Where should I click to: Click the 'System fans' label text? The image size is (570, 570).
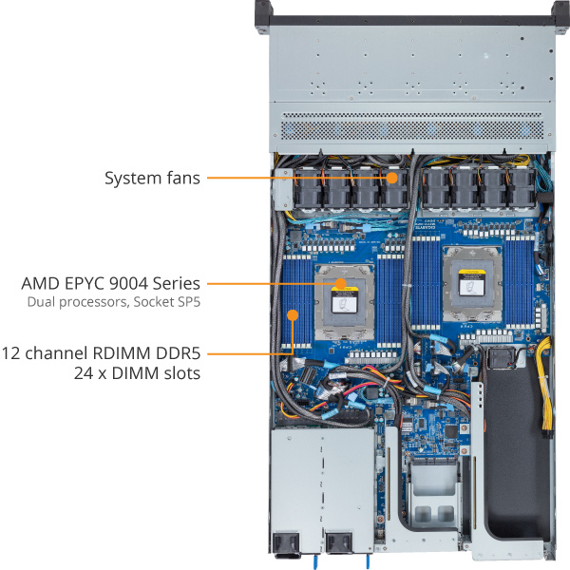pos(152,179)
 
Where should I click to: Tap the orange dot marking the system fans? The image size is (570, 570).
pos(391,178)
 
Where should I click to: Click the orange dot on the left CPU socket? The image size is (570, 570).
pos(341,283)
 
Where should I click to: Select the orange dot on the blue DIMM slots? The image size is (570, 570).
pos(293,314)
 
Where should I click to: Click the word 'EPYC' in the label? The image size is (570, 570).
pos(86,283)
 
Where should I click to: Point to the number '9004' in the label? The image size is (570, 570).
pos(129,283)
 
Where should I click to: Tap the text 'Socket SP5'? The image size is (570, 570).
pos(167,302)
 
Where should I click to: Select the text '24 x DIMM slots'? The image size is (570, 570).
pos(138,373)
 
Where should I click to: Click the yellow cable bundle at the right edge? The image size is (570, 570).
pos(544,386)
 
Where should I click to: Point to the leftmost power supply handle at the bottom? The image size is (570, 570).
pos(287,544)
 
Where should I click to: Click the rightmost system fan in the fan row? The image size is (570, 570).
pos(522,189)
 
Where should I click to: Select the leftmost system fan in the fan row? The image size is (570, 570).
pos(308,189)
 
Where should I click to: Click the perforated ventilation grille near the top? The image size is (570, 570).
pos(412,126)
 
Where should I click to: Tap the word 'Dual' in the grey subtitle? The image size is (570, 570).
pos(42,302)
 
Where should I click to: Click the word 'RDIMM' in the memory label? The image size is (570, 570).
pos(122,353)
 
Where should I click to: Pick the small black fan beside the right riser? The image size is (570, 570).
pos(501,358)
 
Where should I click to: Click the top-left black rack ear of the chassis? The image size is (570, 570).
pos(264,17)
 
